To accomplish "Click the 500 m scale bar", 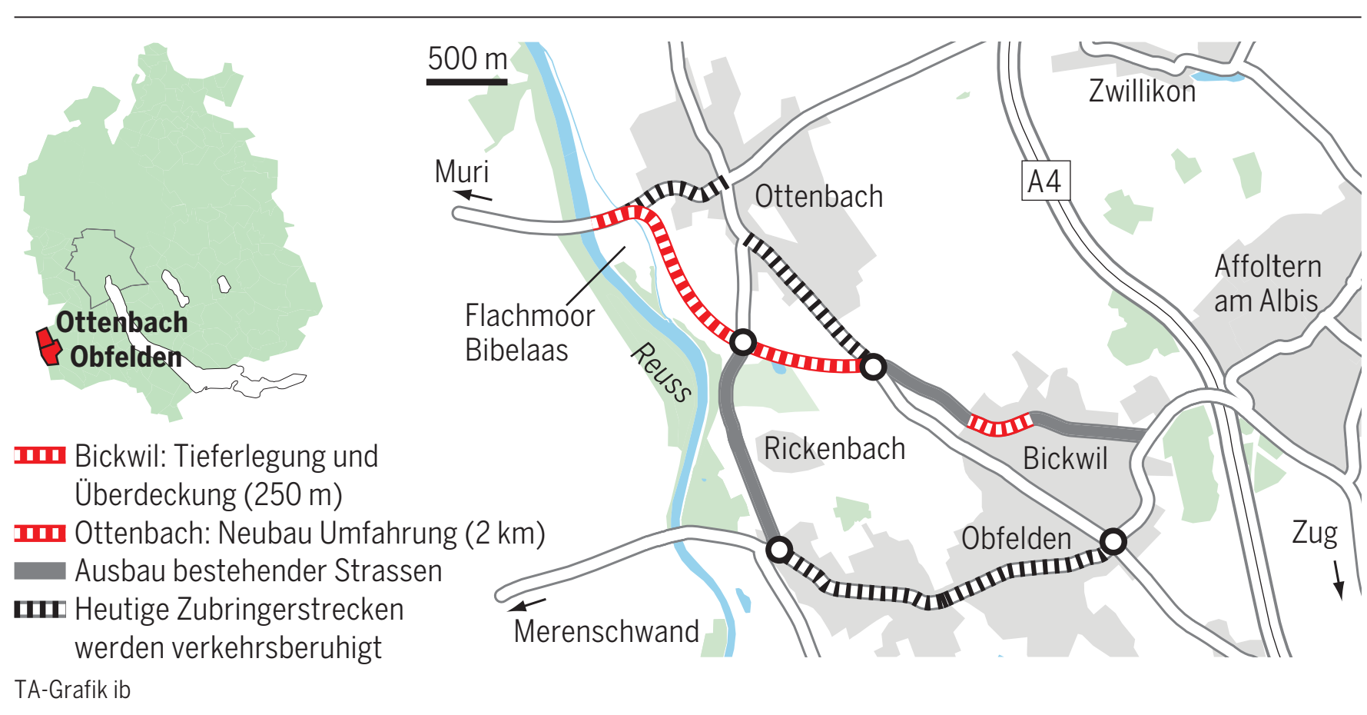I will pyautogui.click(x=466, y=81).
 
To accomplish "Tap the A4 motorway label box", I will pyautogui.click(x=1045, y=181).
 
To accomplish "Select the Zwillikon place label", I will pyautogui.click(x=1142, y=91).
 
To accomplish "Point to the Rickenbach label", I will pyautogui.click(x=834, y=449).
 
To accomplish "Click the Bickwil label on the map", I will pyautogui.click(x=1065, y=459).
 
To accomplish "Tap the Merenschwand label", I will pyautogui.click(x=606, y=631).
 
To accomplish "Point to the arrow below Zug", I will pyautogui.click(x=1338, y=580).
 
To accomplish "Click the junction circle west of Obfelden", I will pyautogui.click(x=779, y=550).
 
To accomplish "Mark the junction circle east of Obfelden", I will pyautogui.click(x=1113, y=541).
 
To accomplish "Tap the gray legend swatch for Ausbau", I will pyautogui.click(x=40, y=570).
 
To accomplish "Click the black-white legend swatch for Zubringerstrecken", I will pyautogui.click(x=40, y=610).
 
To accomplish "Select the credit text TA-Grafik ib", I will pyautogui.click(x=72, y=690).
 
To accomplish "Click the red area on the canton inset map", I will pyautogui.click(x=48, y=347).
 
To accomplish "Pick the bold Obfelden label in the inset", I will pyautogui.click(x=126, y=357).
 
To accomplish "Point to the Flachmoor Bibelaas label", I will pyautogui.click(x=529, y=332).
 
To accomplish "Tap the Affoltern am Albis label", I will pyautogui.click(x=1267, y=284).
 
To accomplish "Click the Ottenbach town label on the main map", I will pyautogui.click(x=818, y=197).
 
